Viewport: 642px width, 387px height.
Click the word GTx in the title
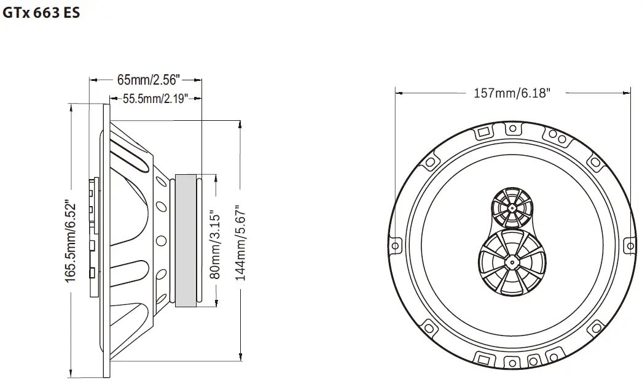pos(15,13)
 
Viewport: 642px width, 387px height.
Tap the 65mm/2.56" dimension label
pos(147,80)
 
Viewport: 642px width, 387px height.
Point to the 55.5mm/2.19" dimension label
pos(155,99)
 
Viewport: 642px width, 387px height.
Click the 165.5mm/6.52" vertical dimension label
pos(72,242)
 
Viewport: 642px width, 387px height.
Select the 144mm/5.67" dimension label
pos(240,243)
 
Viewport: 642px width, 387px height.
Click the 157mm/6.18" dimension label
pos(512,94)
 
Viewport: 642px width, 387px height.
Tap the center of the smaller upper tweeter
pos(510,207)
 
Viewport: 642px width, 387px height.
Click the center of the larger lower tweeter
pos(511,261)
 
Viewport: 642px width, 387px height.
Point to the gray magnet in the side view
pos(186,240)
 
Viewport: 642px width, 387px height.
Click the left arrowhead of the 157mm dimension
pos(397,94)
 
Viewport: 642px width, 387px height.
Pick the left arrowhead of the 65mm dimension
pos(93,80)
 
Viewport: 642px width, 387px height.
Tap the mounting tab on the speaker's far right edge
pos(628,246)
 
